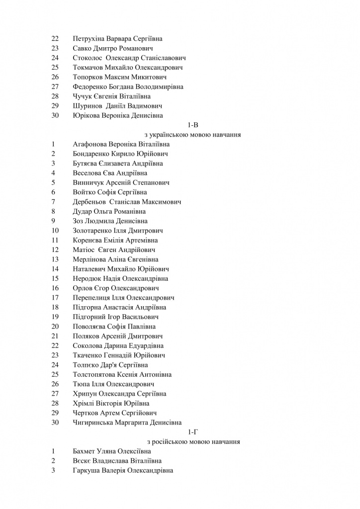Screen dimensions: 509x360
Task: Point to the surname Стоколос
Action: pos(88,58)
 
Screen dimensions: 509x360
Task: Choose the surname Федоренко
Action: pos(90,86)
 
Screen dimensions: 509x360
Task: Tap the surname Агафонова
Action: pos(91,144)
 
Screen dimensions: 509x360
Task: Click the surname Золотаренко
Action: pos(92,231)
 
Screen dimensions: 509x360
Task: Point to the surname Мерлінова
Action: pos(90,259)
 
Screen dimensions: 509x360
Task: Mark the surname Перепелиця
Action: pos(92,298)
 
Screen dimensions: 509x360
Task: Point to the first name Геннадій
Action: pos(117,355)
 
